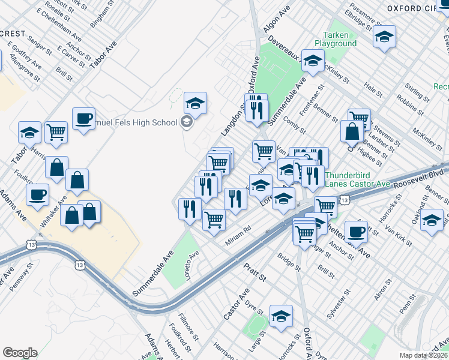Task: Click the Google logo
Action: point(20,352)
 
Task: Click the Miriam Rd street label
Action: point(238,235)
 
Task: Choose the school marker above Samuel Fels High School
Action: point(195,103)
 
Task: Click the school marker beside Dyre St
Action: point(280,316)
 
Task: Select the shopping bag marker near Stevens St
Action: point(352,131)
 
